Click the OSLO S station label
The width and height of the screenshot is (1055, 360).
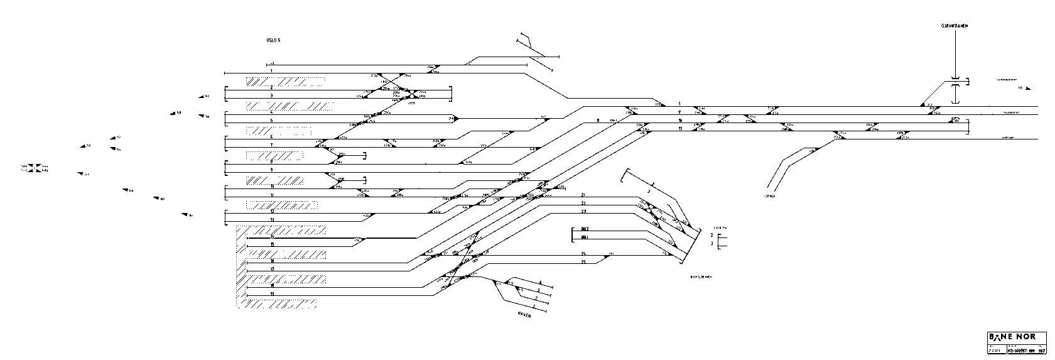click(x=273, y=40)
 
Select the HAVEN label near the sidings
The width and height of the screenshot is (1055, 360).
click(x=524, y=315)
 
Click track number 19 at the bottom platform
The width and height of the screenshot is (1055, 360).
click(x=271, y=293)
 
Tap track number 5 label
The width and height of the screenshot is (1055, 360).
click(x=271, y=120)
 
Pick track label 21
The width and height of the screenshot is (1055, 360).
click(x=583, y=195)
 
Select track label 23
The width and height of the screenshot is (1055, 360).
click(x=583, y=212)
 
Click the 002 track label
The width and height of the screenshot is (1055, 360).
click(x=584, y=229)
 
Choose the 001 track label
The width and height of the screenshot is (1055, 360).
click(x=584, y=237)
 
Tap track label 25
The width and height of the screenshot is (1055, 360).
click(x=583, y=261)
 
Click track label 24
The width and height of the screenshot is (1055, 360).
click(x=583, y=253)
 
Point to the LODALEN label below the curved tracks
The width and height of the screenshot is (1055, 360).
click(x=770, y=197)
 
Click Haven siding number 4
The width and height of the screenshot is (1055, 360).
click(x=539, y=283)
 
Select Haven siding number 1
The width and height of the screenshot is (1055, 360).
click(x=533, y=306)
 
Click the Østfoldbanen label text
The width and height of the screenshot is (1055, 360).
click(x=700, y=276)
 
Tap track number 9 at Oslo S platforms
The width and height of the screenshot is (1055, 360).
click(x=271, y=170)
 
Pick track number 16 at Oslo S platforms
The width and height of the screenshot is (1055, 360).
click(x=271, y=260)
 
